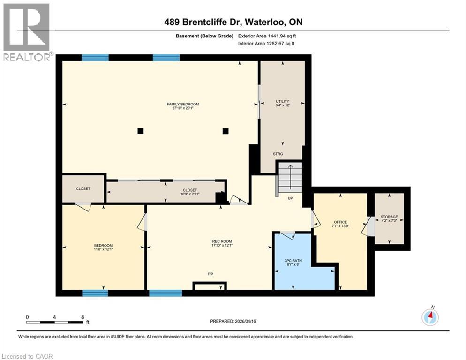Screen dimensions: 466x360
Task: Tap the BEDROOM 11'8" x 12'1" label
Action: (103, 247)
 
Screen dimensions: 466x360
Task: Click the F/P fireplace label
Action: (210, 274)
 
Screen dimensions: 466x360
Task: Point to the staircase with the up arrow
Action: (290, 177)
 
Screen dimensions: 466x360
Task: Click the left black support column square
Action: (141, 131)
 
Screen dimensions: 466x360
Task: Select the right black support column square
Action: (225, 131)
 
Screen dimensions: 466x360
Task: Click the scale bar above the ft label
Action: (55, 322)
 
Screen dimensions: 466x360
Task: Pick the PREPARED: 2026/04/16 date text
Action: (233, 321)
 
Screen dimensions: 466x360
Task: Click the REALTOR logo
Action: (27, 32)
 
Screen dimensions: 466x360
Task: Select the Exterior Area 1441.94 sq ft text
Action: (267, 36)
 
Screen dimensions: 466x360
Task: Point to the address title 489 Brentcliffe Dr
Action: (201, 22)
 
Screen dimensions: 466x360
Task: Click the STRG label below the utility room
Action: (278, 154)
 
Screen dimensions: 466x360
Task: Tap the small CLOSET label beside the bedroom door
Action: (83, 188)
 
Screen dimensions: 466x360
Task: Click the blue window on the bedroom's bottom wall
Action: (95, 293)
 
